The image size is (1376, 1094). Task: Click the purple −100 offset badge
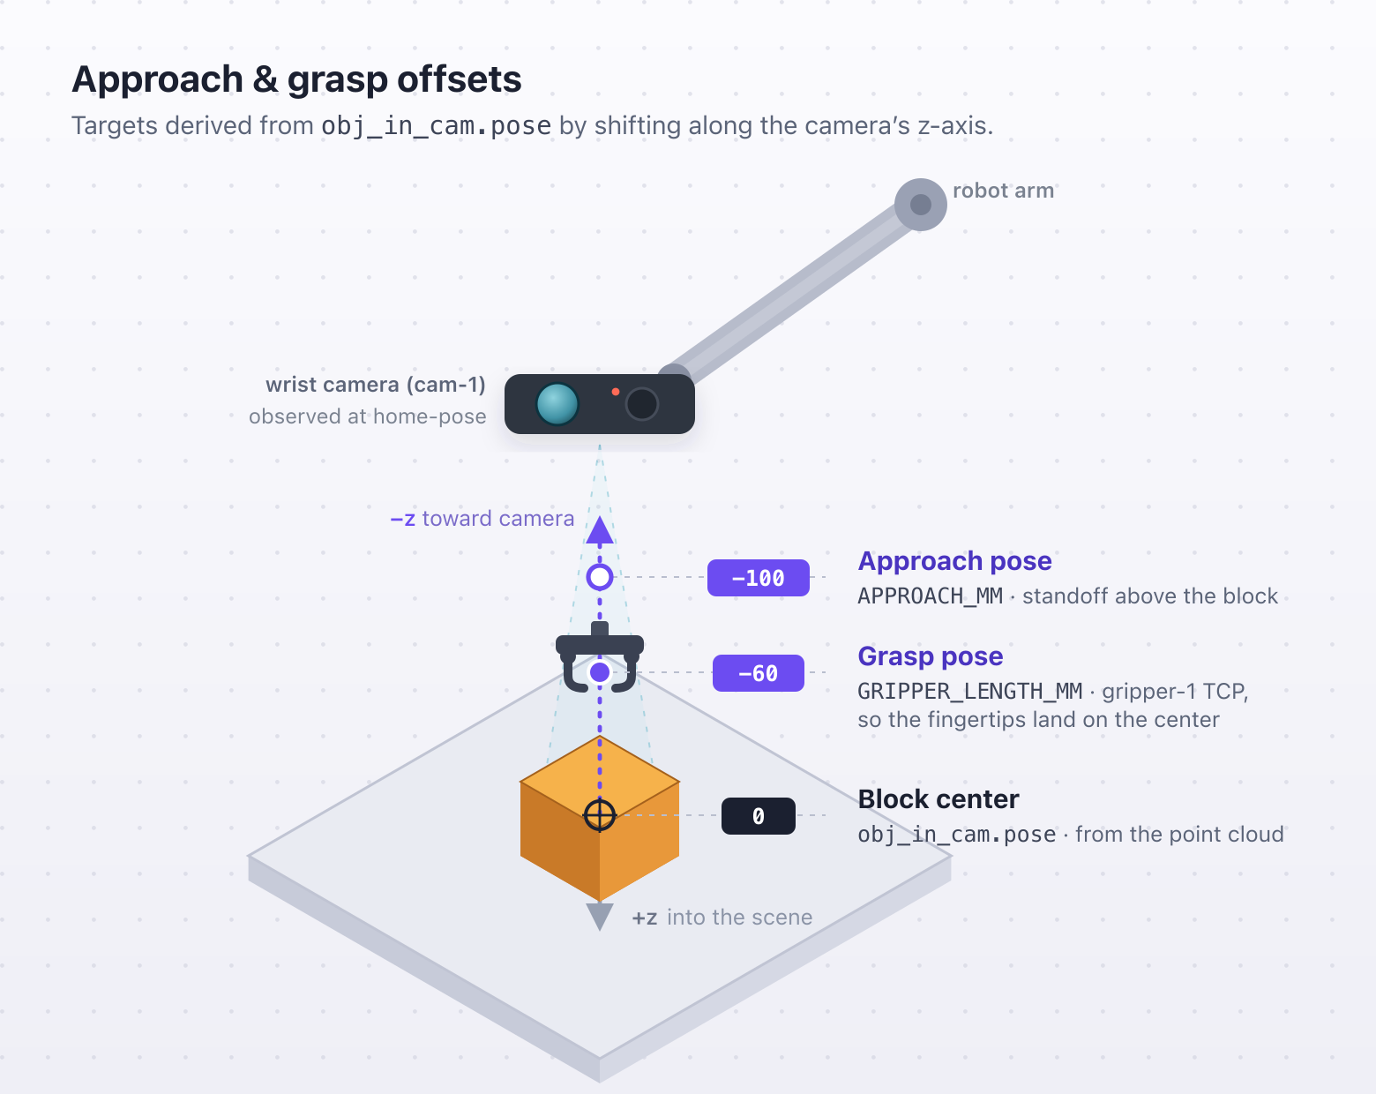coord(759,578)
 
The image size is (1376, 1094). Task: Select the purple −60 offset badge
coord(759,673)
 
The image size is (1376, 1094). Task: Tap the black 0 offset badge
coord(759,816)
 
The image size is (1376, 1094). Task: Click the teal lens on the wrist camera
coord(557,404)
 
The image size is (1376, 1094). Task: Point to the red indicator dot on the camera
coord(615,392)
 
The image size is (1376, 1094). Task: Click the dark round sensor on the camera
coord(641,404)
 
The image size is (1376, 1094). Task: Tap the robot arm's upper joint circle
coord(920,205)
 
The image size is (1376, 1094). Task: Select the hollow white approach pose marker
coord(600,577)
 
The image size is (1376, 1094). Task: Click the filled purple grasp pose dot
coord(600,672)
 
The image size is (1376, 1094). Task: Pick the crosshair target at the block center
coord(600,816)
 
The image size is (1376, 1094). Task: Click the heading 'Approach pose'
coord(954,561)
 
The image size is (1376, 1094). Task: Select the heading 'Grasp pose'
coord(931,656)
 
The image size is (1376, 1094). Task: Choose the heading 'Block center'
coord(938,799)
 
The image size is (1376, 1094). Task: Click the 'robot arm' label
coord(1003,191)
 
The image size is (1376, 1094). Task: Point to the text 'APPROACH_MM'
coord(931,596)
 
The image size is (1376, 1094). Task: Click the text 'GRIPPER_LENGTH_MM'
coord(970,692)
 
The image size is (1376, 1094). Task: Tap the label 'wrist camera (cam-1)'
coord(376,385)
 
